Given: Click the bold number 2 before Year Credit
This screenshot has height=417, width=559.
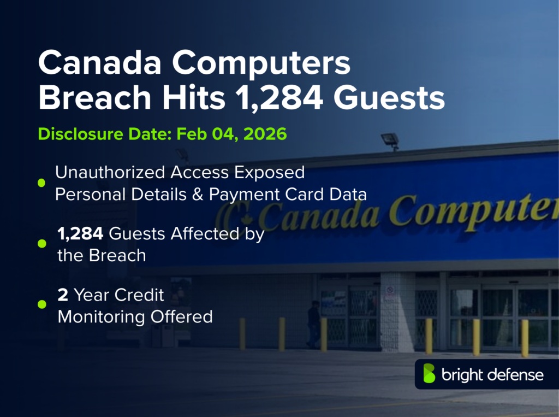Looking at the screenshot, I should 63,295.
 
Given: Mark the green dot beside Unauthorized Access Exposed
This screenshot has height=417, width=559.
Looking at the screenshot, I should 41,183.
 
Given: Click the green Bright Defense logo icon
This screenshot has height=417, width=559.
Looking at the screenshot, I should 430,374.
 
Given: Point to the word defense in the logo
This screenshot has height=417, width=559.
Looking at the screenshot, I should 516,375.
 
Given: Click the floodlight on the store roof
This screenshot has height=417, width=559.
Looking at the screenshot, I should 390,140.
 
